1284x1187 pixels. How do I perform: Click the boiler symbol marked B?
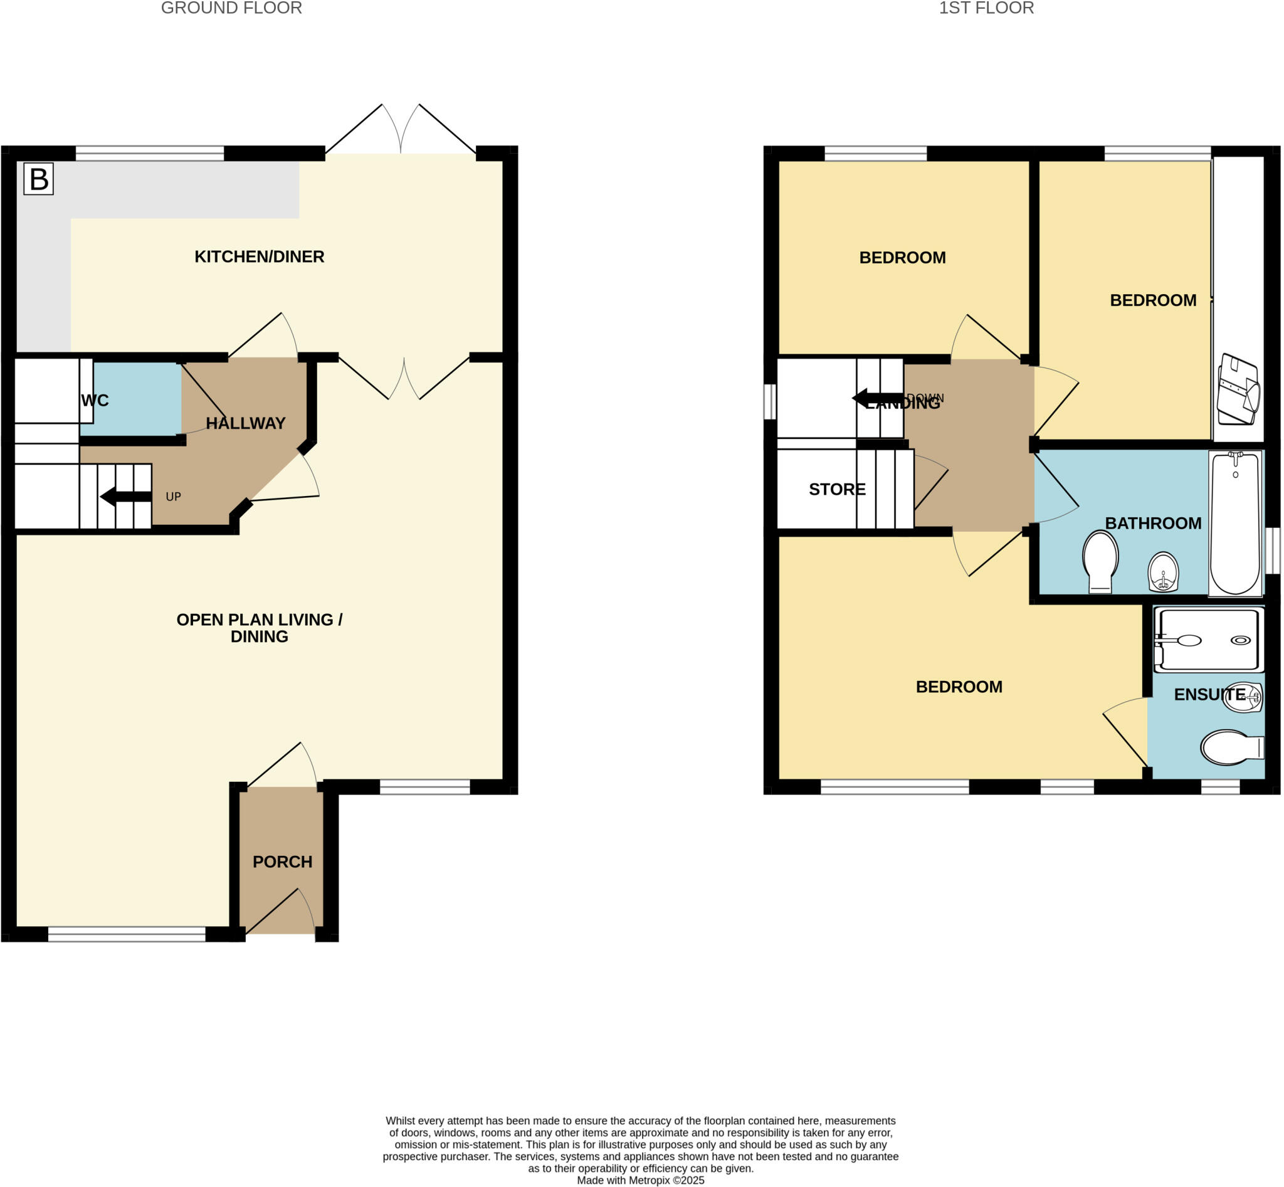(38, 179)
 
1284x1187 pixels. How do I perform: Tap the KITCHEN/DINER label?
(259, 257)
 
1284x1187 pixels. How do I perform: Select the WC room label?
(95, 401)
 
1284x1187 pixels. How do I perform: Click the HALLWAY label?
(245, 423)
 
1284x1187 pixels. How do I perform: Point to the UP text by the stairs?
(174, 497)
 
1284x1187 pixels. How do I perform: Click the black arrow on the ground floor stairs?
(125, 497)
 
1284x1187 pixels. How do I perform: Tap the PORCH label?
(282, 862)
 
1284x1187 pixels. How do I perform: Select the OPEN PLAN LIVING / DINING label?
(259, 628)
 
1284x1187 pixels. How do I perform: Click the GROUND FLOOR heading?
(231, 8)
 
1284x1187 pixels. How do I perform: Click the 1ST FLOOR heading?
(986, 8)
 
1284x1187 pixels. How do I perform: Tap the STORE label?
(837, 490)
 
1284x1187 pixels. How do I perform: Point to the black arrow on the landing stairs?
(876, 399)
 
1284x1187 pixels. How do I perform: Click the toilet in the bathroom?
(1100, 561)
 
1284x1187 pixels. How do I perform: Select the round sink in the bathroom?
(1163, 571)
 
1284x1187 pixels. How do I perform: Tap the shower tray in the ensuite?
(1208, 640)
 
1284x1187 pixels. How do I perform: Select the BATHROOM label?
(1153, 524)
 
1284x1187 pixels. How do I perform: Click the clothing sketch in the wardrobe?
(1238, 389)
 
